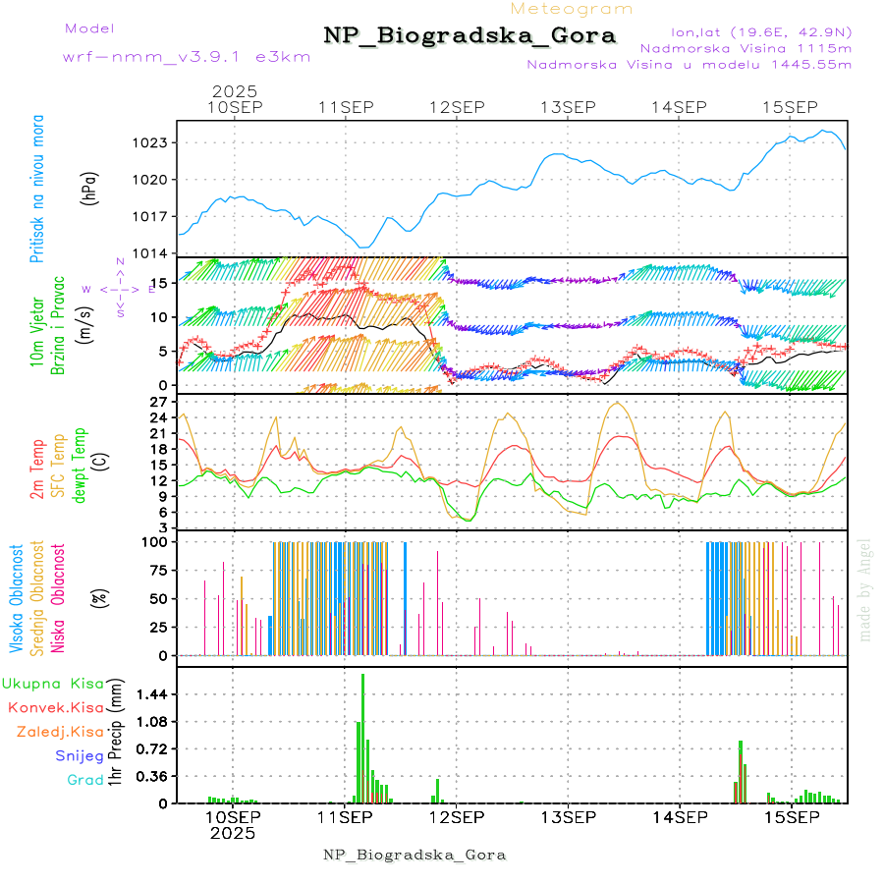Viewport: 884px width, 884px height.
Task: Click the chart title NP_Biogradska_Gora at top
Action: click(x=470, y=36)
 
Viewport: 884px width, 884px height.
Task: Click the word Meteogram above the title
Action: click(x=573, y=9)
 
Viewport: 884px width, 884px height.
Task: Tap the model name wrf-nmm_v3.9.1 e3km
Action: click(x=187, y=57)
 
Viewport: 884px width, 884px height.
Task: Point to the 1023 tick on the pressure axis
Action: click(x=153, y=142)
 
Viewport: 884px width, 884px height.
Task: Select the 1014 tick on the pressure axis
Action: click(x=153, y=253)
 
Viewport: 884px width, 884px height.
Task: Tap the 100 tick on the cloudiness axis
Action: click(x=157, y=541)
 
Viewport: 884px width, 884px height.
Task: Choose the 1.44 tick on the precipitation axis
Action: click(x=153, y=694)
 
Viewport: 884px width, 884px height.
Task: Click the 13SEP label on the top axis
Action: click(x=569, y=107)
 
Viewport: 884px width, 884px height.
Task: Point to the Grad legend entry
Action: click(x=84, y=780)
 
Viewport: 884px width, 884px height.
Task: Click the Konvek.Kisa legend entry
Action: click(x=55, y=707)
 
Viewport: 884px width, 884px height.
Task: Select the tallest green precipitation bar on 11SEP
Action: click(x=363, y=737)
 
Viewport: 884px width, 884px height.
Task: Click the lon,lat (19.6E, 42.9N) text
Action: click(x=760, y=31)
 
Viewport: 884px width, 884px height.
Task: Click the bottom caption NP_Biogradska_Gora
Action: click(x=414, y=855)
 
